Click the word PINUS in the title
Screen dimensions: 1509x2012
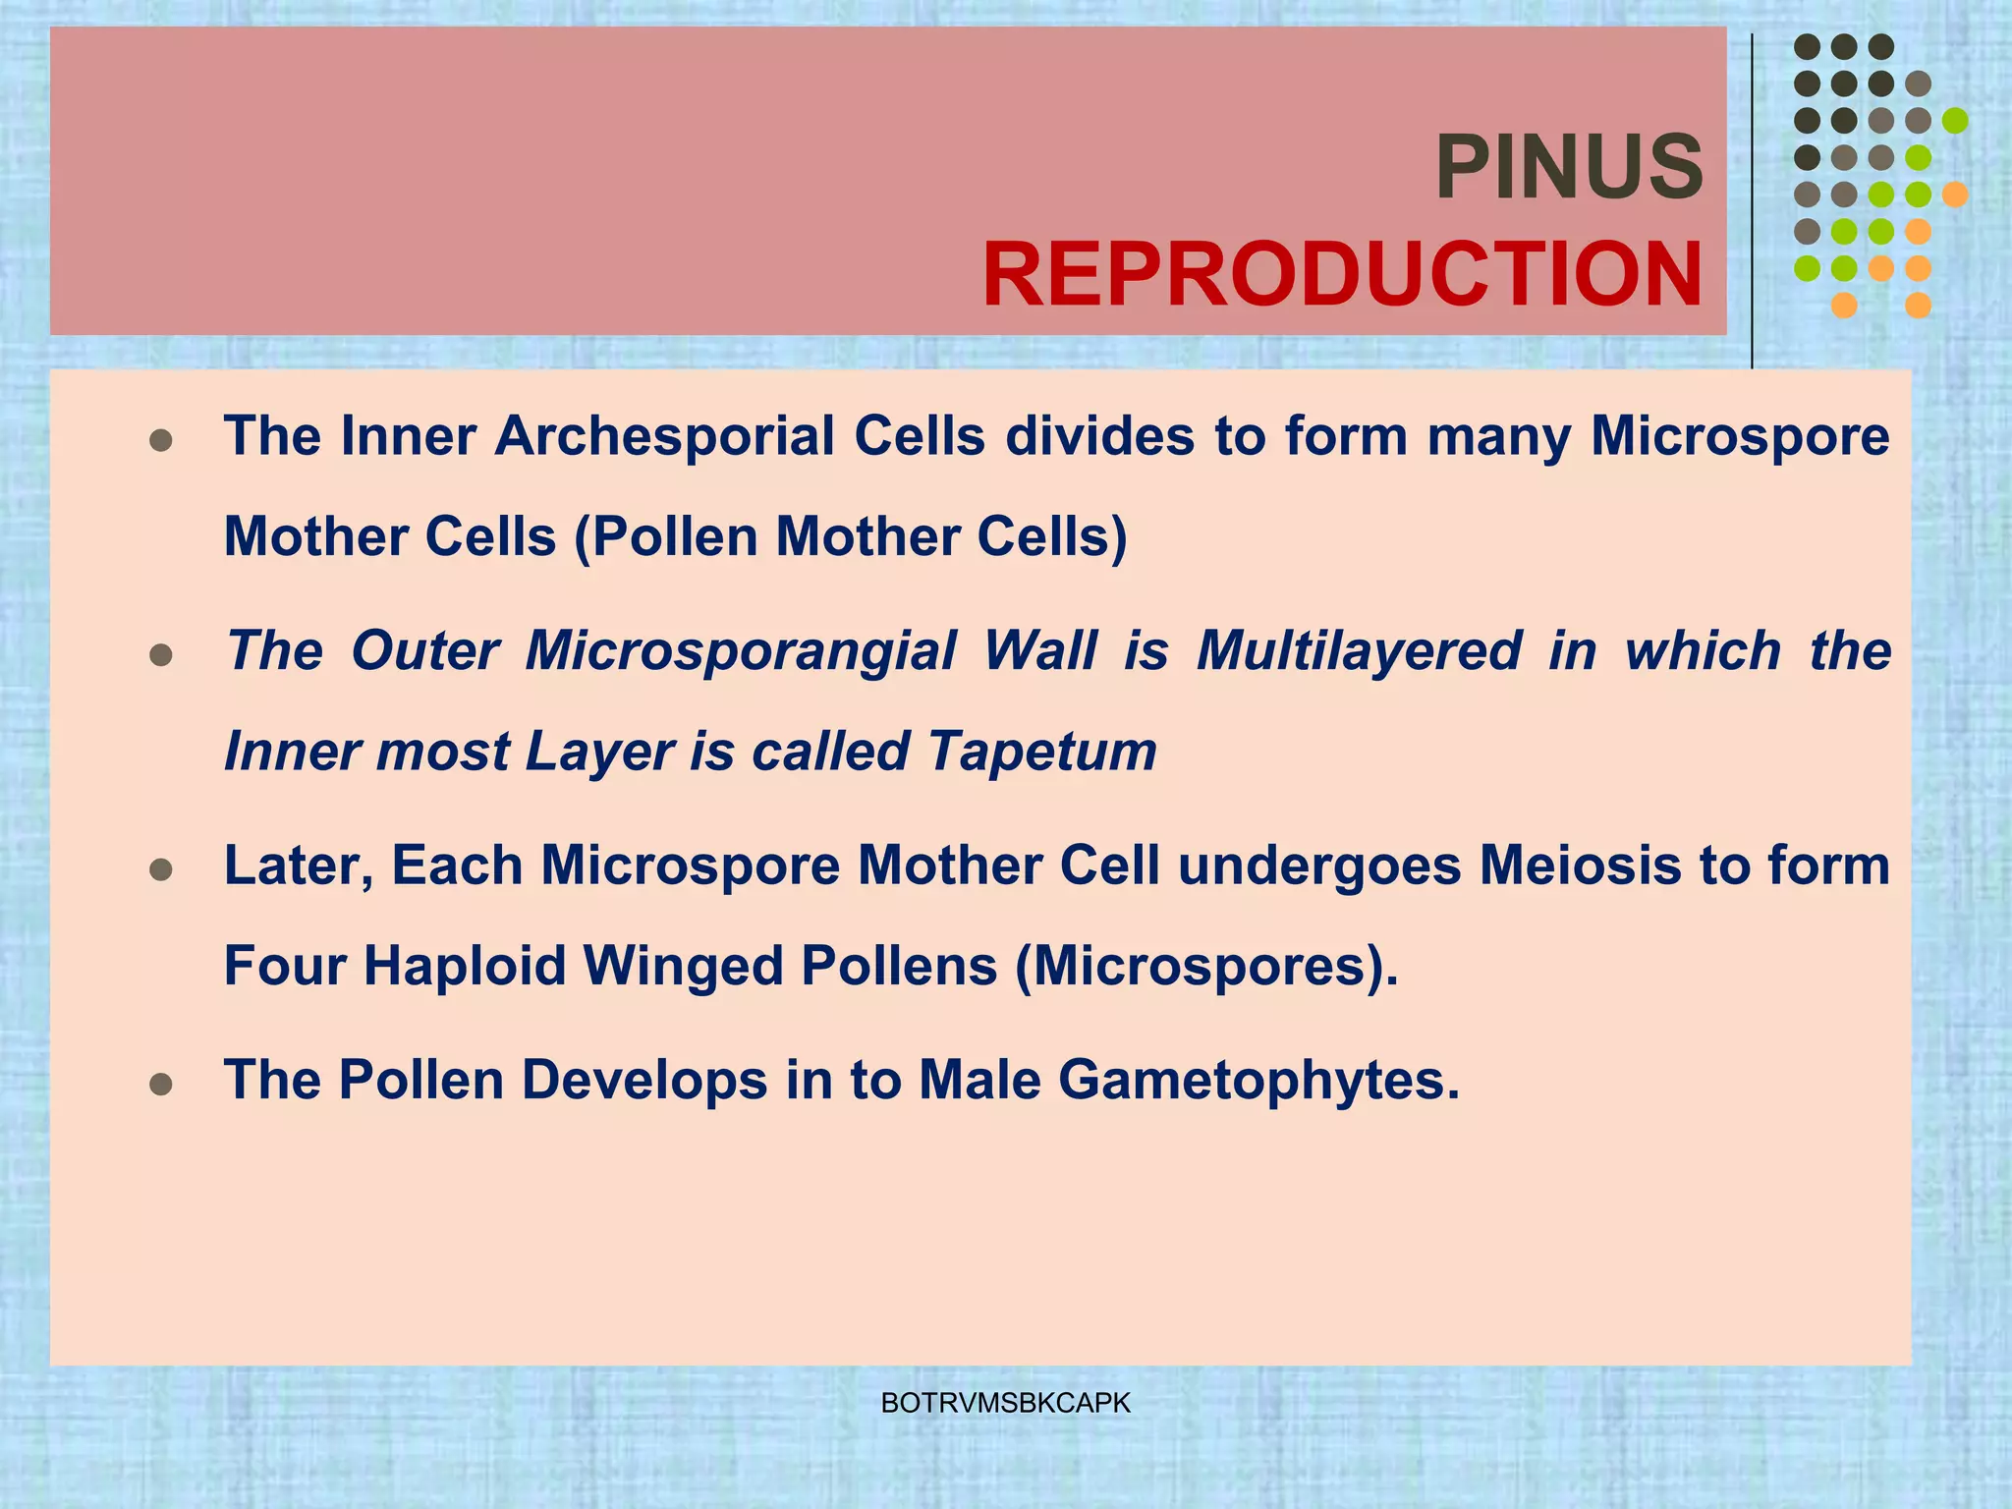tap(1569, 167)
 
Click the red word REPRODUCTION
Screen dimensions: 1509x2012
tap(1342, 275)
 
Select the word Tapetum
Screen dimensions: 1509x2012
tap(1042, 752)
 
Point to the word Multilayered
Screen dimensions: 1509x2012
tap(1359, 650)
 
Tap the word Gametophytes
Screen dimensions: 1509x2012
tap(1258, 1080)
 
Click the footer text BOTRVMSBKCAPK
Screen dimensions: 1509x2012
tap(1006, 1403)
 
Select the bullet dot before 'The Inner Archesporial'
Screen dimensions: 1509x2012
tap(161, 440)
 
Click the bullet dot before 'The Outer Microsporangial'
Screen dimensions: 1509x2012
tap(161, 655)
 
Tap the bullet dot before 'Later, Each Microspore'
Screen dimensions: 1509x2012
tap(161, 870)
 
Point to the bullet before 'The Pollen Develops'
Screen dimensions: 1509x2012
tap(161, 1085)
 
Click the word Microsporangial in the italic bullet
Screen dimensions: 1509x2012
tap(741, 650)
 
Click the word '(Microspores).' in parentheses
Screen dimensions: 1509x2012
tap(1206, 966)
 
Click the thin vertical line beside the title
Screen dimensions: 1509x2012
tap(1752, 196)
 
